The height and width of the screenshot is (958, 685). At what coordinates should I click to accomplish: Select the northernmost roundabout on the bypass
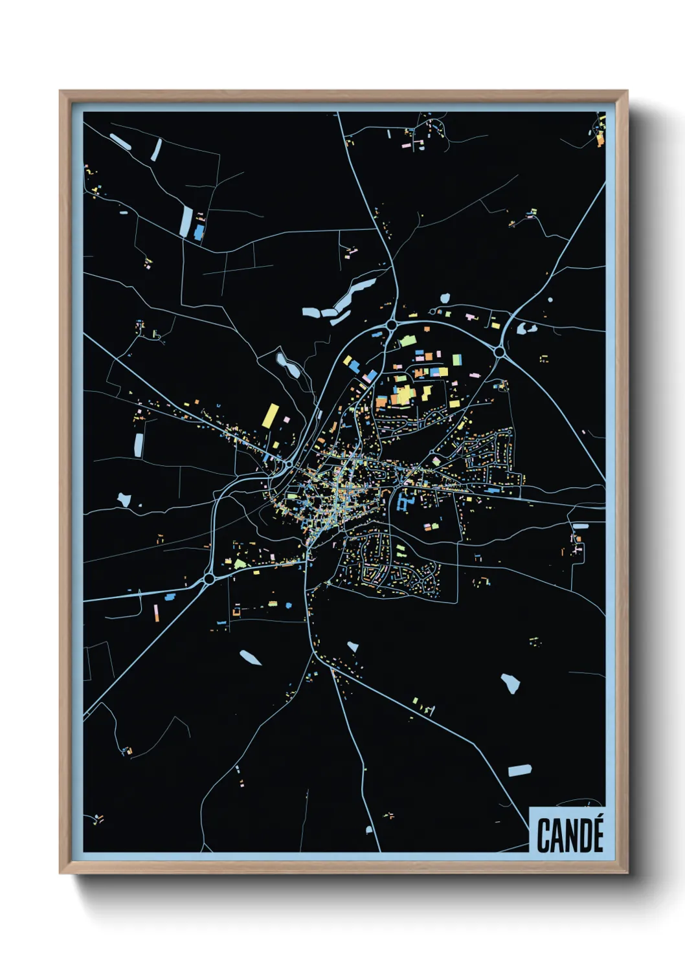(x=392, y=324)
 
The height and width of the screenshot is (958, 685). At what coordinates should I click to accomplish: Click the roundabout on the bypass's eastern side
(x=499, y=351)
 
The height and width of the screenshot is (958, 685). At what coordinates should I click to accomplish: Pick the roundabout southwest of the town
(x=209, y=578)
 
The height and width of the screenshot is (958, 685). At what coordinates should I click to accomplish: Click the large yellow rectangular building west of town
(x=271, y=416)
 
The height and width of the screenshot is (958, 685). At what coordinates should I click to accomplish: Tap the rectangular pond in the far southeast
(x=519, y=770)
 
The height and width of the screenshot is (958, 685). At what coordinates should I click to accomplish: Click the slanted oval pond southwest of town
(x=251, y=658)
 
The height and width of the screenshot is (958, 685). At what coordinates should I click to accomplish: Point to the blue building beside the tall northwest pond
(x=199, y=232)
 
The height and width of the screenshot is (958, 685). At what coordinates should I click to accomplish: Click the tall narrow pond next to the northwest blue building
(x=186, y=221)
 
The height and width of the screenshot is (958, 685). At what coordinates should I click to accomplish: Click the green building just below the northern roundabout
(x=407, y=340)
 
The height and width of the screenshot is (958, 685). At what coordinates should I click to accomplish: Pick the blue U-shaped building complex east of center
(x=405, y=502)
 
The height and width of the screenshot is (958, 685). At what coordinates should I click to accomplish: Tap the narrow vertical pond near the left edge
(x=139, y=445)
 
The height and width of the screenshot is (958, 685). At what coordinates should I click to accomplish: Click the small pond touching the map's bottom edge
(x=369, y=830)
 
